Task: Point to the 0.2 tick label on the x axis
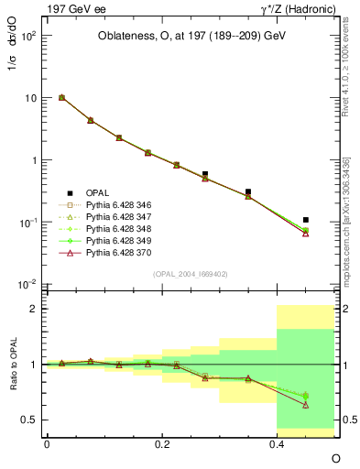click(x=161, y=442)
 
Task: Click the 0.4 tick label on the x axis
click(x=277, y=442)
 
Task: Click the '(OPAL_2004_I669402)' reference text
click(x=191, y=273)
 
